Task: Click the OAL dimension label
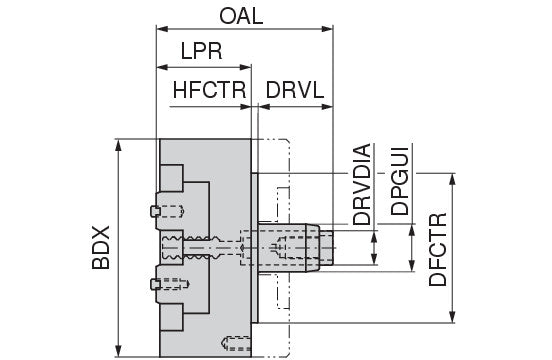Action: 241,16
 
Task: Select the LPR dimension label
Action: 201,51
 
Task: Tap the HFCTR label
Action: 209,90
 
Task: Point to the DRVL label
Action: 295,90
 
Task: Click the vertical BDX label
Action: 101,247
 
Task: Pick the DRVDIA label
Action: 362,184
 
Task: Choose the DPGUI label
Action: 400,181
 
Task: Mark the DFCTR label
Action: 438,250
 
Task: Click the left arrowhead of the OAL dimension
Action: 162,29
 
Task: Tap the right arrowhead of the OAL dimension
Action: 327,29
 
